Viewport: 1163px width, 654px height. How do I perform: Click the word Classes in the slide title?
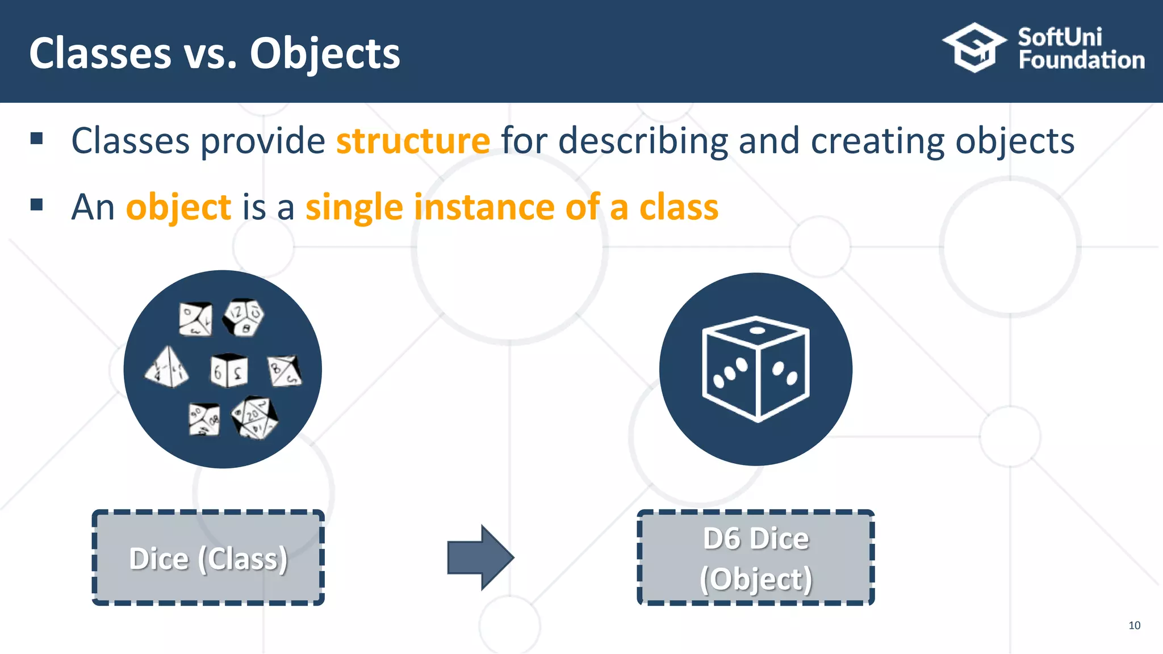click(100, 53)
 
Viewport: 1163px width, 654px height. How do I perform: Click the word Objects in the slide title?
click(325, 53)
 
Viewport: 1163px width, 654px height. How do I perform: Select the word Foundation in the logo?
click(1081, 60)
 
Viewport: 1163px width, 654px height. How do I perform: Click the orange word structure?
click(413, 141)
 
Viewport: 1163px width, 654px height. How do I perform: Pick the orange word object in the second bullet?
click(178, 207)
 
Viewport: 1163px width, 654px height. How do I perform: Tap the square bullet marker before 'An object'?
click(37, 204)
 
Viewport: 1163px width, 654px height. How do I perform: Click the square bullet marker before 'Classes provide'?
click(37, 139)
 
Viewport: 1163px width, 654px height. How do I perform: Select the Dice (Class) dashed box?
click(208, 558)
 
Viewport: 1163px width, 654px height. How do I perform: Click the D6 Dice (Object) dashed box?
click(756, 558)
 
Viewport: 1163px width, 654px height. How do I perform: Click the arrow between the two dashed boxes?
click(480, 557)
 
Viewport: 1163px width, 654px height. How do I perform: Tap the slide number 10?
click(1134, 625)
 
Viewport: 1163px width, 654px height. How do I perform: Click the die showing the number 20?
click(255, 417)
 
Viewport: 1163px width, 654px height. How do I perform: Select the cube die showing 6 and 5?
click(229, 371)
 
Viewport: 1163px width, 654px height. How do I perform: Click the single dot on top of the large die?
click(757, 330)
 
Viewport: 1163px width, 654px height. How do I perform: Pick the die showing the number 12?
click(244, 316)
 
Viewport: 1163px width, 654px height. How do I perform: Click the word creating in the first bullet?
click(878, 141)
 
